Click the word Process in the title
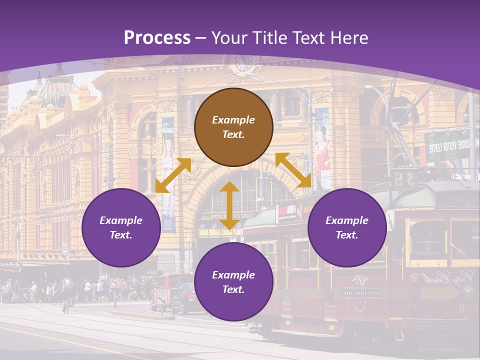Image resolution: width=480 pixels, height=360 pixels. coord(157,37)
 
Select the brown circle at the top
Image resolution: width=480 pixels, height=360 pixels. coord(233,127)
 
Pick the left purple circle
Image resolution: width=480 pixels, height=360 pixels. coord(121,227)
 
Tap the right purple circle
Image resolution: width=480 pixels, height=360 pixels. coord(347,227)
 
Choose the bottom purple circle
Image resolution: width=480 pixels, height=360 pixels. coord(233,282)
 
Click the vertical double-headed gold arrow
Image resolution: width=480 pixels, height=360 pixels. coord(229,205)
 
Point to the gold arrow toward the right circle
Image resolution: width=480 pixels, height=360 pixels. coord(293,170)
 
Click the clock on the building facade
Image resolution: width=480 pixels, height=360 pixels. coord(244,63)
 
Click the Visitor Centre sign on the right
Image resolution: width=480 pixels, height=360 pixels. coord(448,146)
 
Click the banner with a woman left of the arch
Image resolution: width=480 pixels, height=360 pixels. coord(168,175)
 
